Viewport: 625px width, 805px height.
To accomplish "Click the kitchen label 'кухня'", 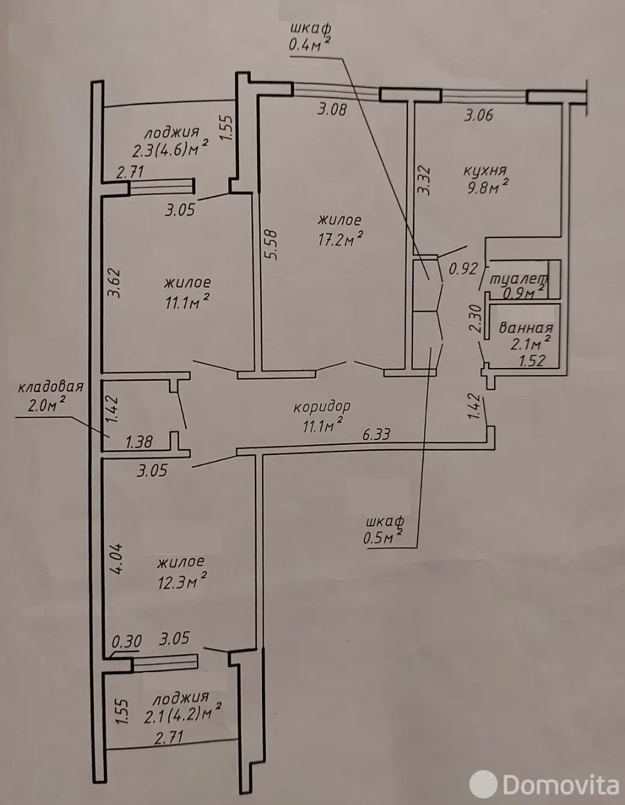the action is [484, 171].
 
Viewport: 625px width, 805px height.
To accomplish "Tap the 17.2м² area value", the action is [340, 239].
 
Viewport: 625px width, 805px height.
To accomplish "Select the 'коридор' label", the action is [322, 407].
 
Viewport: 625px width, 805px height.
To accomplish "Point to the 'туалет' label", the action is [519, 280].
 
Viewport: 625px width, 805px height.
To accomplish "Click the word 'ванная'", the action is [526, 328].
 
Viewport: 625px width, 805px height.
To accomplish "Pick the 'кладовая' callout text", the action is [50, 387].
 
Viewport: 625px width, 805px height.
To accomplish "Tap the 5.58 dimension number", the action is [272, 245].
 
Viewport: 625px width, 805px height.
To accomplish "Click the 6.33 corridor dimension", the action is [376, 434].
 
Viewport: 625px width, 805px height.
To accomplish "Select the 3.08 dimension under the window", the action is [332, 109].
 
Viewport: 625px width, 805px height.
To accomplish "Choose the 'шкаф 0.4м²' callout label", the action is [309, 37].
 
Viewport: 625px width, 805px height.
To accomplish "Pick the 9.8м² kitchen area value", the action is [487, 188].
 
